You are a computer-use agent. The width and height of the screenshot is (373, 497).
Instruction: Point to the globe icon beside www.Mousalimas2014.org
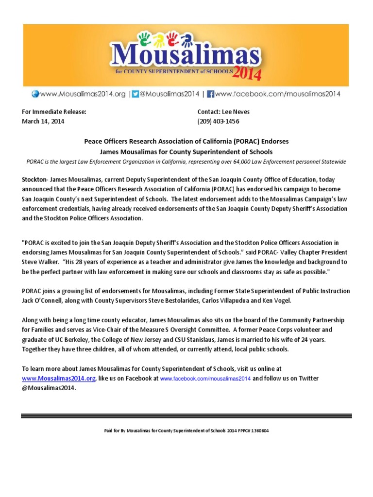[35, 94]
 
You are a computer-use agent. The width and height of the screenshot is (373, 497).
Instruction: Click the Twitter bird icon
[136, 94]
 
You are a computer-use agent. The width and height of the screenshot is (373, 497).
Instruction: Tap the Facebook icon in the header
[211, 94]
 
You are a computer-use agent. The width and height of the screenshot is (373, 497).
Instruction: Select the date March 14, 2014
[43, 121]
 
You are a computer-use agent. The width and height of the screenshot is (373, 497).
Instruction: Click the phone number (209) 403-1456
[218, 121]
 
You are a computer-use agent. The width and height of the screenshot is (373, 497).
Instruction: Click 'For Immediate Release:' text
[54, 112]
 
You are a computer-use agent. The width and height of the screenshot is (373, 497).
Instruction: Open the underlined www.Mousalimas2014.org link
[59, 378]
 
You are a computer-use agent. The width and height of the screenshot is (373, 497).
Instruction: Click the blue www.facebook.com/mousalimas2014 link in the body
[205, 379]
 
